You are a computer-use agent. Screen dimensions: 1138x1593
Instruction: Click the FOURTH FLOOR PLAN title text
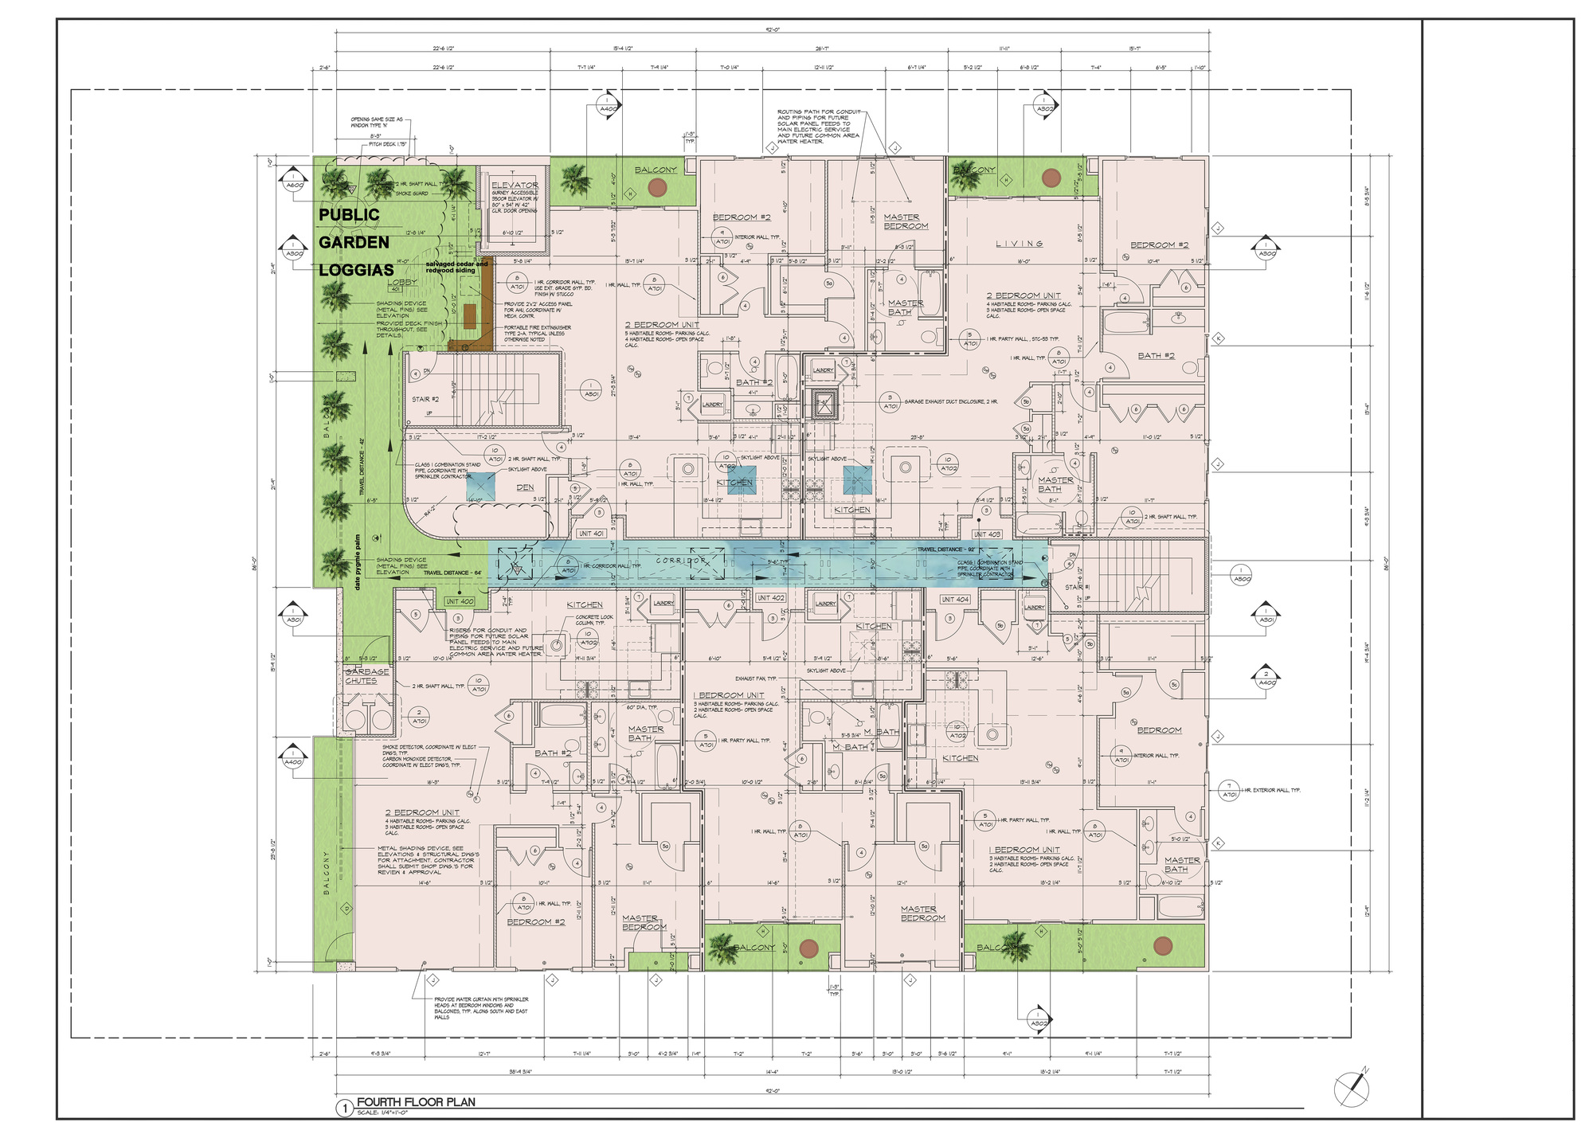(416, 1102)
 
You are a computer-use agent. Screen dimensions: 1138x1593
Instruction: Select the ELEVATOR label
(515, 185)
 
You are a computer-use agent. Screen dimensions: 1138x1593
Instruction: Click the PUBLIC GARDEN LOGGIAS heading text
(354, 242)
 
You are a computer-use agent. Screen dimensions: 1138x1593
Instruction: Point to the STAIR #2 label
(425, 399)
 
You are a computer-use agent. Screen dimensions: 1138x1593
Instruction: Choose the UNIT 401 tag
(591, 534)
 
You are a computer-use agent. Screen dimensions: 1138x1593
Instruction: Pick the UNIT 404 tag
(955, 599)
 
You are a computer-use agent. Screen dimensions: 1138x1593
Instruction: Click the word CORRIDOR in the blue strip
(682, 561)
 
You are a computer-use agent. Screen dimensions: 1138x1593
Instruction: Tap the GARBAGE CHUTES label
(366, 676)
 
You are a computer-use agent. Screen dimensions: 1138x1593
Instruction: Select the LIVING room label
(1019, 244)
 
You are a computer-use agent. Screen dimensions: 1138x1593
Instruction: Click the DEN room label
(525, 487)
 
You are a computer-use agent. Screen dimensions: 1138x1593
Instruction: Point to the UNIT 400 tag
(460, 601)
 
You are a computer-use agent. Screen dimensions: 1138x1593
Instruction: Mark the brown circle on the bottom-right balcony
(1163, 945)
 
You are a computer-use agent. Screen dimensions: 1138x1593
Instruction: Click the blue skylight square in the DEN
(481, 486)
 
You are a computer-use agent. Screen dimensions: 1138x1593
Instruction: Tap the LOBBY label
(402, 282)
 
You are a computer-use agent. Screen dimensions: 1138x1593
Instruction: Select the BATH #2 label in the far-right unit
(1156, 356)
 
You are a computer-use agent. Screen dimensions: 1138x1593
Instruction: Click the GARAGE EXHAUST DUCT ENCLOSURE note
(950, 402)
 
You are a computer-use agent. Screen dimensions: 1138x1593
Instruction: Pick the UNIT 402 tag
(770, 597)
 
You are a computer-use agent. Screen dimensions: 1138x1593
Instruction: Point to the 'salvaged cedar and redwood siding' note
(456, 267)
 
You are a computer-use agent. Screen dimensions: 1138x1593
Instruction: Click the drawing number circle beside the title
(344, 1109)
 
